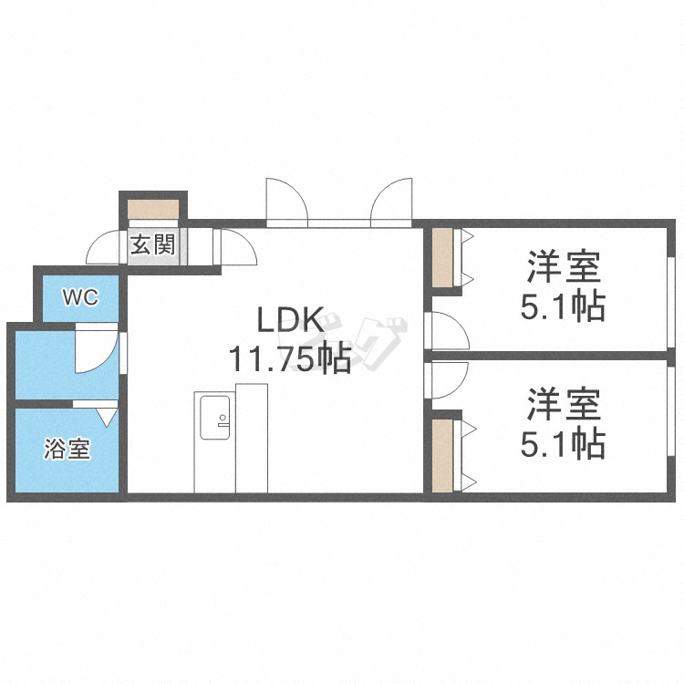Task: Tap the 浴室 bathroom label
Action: [68, 449]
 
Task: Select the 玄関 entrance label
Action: [152, 245]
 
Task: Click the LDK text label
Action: [288, 321]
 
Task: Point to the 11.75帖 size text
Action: [289, 359]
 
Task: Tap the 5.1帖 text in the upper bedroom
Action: [563, 307]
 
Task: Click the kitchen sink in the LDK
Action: [213, 417]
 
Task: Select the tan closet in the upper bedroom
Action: [443, 258]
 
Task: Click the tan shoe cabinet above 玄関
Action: [153, 209]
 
